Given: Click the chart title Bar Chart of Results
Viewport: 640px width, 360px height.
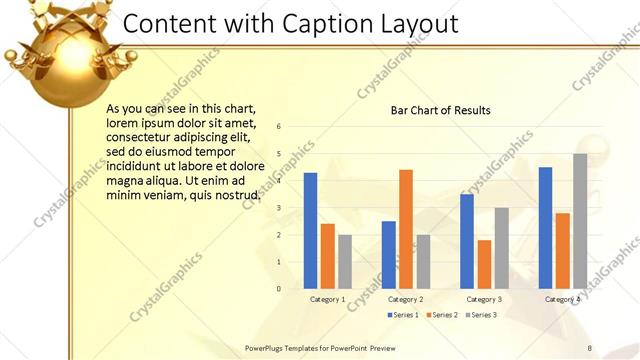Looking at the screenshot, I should [440, 110].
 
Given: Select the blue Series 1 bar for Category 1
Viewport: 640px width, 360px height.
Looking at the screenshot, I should [310, 230].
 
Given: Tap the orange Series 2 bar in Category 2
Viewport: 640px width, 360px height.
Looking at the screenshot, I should [405, 229].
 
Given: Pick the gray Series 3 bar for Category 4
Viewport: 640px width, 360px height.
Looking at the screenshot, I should [580, 221].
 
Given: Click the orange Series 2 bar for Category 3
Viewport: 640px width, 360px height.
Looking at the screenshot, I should [484, 264].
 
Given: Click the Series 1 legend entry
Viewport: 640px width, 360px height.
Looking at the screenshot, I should [403, 315].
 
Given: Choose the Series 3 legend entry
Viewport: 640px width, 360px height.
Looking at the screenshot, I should [480, 315].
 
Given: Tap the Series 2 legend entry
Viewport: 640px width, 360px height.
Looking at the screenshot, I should [442, 315].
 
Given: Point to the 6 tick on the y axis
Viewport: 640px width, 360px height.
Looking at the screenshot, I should [279, 126].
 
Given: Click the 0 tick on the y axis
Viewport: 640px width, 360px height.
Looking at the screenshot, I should [279, 288].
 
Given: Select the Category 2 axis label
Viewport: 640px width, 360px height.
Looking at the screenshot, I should [405, 299].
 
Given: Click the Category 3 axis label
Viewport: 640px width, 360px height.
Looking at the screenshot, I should [484, 299].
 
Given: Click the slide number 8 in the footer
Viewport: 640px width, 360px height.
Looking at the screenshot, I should [589, 348].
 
